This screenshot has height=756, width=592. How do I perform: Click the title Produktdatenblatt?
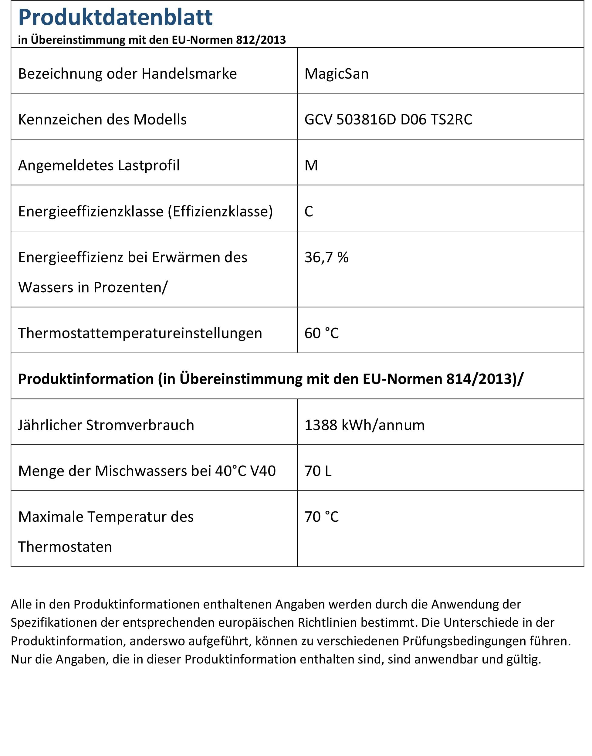click(115, 17)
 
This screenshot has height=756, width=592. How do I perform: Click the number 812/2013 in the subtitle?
click(261, 40)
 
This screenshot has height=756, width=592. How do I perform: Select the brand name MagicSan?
click(336, 74)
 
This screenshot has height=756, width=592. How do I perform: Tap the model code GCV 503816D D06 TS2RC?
click(388, 120)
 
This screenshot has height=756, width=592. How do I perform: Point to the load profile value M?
click(311, 165)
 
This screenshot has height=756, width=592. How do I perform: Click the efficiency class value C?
click(309, 212)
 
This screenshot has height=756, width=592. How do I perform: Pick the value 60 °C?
click(321, 333)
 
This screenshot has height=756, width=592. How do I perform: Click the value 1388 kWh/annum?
click(364, 425)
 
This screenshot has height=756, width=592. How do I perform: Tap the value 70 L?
click(318, 471)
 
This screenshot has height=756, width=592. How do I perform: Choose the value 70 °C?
click(321, 517)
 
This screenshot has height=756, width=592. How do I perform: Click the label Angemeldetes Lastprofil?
click(99, 165)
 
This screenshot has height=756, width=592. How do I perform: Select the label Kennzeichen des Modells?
click(102, 120)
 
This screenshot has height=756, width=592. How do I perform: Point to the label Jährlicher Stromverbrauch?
click(106, 425)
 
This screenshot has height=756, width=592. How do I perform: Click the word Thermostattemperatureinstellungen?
click(140, 333)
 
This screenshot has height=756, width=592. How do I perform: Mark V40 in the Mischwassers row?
click(263, 471)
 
